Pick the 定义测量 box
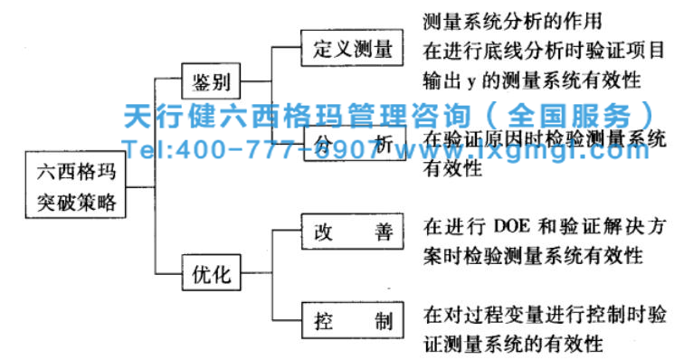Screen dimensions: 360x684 coord(348,47)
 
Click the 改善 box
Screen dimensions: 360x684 coord(348,230)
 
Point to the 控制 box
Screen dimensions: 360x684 coord(348,320)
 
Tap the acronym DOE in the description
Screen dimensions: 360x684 coord(515,224)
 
